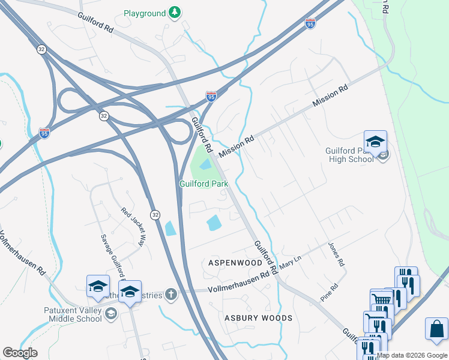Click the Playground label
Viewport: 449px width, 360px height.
(144, 13)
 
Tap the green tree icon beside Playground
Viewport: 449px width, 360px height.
(175, 13)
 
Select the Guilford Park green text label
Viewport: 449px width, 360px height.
(203, 184)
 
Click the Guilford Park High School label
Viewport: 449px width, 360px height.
(350, 155)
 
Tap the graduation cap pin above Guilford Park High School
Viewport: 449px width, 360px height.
(375, 142)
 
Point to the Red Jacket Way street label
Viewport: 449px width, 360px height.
(133, 227)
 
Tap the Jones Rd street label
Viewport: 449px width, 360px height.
(337, 254)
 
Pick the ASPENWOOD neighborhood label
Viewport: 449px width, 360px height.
(235, 263)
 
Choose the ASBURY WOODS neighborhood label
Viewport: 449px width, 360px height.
(259, 318)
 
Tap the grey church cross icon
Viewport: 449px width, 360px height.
(171, 294)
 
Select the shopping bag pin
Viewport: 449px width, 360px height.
(436, 329)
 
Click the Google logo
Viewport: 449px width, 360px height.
(20, 353)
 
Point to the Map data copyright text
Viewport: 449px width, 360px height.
(412, 355)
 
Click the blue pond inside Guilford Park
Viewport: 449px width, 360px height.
(205, 164)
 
